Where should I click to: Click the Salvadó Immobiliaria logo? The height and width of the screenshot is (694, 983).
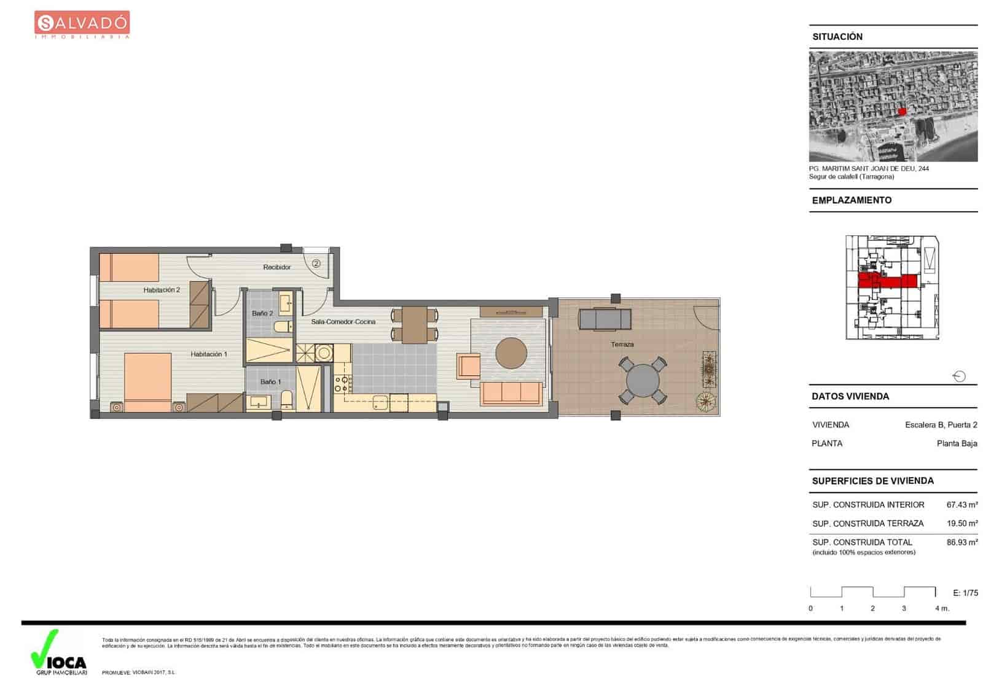(82, 25)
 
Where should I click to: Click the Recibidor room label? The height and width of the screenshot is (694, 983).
(276, 267)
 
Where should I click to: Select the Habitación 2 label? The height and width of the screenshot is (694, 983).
(162, 290)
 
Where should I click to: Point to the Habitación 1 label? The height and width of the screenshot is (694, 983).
(209, 354)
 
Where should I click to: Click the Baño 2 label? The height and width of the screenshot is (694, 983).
(262, 313)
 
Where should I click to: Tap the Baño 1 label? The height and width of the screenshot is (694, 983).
(270, 382)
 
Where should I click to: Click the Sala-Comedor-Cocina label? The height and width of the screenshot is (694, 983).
(343, 322)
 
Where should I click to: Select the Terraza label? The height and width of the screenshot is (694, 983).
(622, 345)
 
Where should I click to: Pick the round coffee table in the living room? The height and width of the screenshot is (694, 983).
(511, 353)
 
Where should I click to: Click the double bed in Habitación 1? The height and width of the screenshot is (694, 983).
(147, 381)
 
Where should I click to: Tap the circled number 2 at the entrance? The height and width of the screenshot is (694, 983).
(316, 263)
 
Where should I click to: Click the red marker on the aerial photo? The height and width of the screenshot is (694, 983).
(902, 111)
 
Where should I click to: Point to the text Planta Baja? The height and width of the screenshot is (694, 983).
(957, 443)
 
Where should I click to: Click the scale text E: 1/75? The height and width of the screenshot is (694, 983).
(965, 593)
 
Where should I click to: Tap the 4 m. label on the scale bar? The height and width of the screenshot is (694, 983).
(941, 609)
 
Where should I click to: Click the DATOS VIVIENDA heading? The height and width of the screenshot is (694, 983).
(850, 396)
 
